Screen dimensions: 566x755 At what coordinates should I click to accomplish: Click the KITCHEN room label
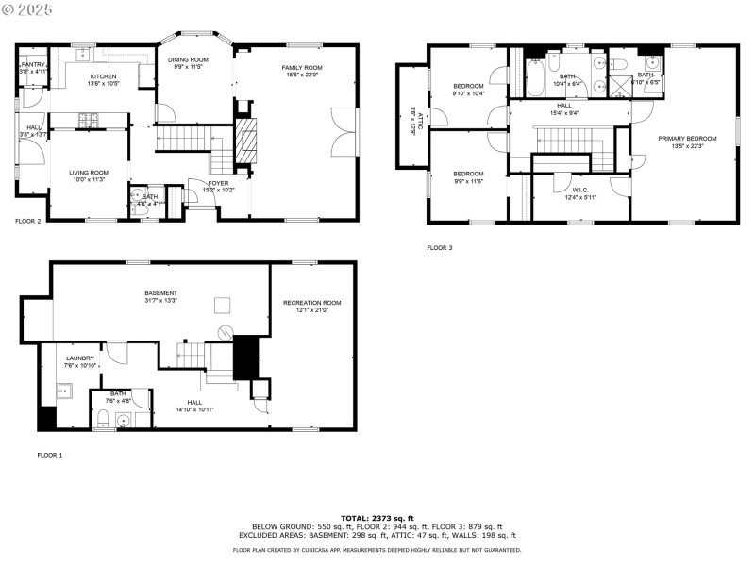(x=103, y=76)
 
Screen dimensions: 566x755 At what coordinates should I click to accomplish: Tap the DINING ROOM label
(x=188, y=59)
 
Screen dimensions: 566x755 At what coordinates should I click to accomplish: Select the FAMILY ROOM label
(x=301, y=68)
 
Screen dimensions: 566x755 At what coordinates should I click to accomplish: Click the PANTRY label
(x=34, y=65)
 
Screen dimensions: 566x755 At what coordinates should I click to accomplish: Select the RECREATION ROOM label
(x=311, y=303)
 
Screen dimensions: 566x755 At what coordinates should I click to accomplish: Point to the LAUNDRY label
(x=79, y=358)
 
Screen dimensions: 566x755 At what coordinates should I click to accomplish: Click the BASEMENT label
(x=161, y=293)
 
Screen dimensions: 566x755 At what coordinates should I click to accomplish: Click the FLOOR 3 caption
(x=440, y=247)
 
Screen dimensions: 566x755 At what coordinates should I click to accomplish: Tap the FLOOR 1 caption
(x=49, y=455)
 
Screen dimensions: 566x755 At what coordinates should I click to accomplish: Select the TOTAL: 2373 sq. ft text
(x=377, y=518)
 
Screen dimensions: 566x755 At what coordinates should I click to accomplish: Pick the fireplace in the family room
(x=244, y=141)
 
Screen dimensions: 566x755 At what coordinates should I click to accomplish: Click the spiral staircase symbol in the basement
(x=226, y=331)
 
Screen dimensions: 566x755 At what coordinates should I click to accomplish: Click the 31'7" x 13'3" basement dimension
(x=161, y=302)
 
